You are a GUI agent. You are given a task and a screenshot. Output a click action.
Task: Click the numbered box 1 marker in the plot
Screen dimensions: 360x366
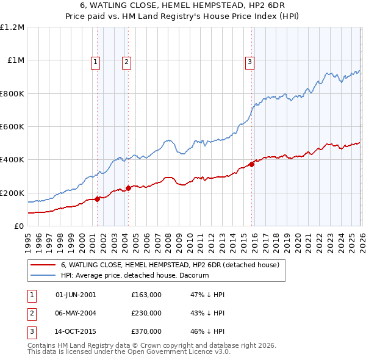click(x=96, y=61)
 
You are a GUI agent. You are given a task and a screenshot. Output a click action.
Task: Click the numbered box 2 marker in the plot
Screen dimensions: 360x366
click(x=126, y=61)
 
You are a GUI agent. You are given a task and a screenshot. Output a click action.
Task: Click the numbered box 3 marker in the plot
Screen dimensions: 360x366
click(x=250, y=61)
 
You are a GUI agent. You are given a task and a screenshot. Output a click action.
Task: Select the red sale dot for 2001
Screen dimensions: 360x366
click(x=97, y=199)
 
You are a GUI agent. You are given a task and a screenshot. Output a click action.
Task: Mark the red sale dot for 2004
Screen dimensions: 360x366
click(x=128, y=188)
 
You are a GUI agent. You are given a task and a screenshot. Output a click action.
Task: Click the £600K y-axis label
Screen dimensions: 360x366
click(x=12, y=127)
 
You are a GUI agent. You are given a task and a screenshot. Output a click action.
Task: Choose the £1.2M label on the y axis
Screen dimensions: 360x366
click(x=12, y=27)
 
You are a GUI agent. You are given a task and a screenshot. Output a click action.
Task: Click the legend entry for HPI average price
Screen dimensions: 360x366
click(x=135, y=275)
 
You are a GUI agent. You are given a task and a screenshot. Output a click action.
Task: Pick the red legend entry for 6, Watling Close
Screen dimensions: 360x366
click(x=170, y=265)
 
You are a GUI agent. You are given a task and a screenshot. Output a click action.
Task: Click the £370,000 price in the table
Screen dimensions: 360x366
click(x=146, y=332)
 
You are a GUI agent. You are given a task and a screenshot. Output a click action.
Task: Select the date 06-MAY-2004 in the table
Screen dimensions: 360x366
click(x=76, y=313)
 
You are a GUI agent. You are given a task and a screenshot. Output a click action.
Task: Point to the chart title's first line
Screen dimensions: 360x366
click(x=182, y=5)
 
